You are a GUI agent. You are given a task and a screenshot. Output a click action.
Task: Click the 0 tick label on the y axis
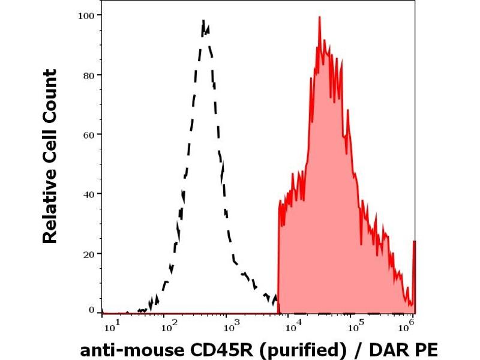[x=91, y=311]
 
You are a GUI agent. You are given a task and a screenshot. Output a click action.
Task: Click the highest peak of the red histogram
[x=320, y=18]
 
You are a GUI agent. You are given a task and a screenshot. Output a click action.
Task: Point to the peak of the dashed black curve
[x=203, y=22]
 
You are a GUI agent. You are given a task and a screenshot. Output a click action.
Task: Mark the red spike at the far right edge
[x=414, y=242]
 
